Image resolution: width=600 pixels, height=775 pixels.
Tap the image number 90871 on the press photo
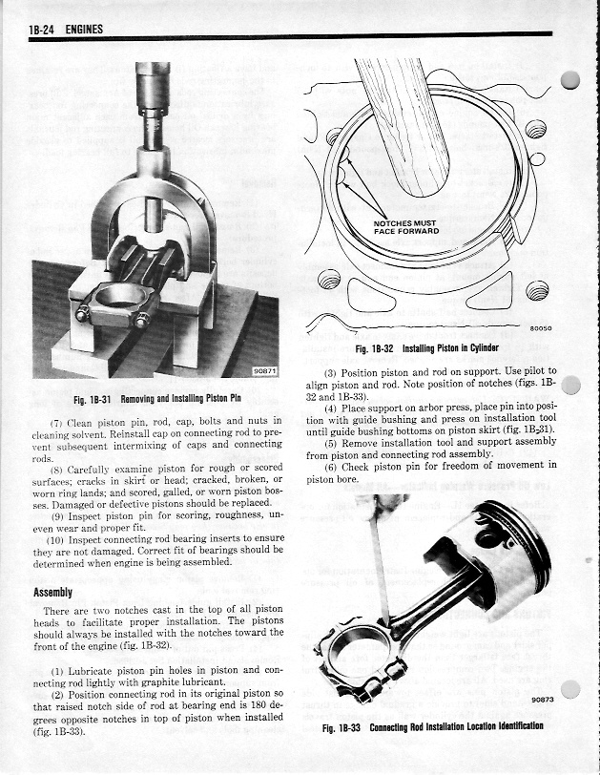tap(264, 371)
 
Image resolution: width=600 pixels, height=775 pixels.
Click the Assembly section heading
tap(52, 593)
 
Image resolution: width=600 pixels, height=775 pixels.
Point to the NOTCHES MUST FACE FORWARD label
tap(405, 227)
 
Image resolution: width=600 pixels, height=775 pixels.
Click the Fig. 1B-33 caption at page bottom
tap(433, 726)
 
